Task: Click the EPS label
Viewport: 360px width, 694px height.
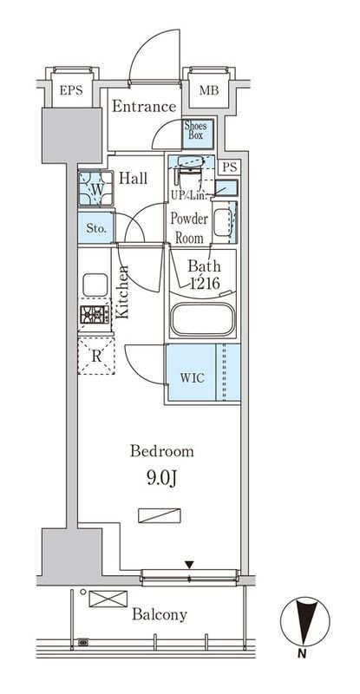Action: point(71,91)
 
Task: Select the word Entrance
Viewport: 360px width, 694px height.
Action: point(144,107)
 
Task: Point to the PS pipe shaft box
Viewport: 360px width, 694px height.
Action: point(230,167)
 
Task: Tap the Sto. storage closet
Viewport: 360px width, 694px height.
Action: point(96,229)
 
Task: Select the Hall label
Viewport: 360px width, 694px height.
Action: point(134,179)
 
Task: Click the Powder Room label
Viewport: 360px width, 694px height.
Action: point(189,228)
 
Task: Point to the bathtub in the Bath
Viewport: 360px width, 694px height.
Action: point(203,319)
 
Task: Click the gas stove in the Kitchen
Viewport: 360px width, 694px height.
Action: point(95,315)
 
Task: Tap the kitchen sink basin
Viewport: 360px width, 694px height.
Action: point(95,285)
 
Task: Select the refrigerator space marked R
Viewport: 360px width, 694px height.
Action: point(96,357)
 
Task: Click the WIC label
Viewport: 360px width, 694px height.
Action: point(193,378)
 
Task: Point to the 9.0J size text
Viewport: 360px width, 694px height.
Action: point(162,479)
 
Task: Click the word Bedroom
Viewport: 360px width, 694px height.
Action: point(162,452)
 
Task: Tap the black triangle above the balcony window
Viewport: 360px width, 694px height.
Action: point(189,565)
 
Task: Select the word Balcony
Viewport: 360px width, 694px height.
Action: point(160,615)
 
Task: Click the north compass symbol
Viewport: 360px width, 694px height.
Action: point(305,622)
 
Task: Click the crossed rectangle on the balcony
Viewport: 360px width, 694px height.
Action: point(108,599)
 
